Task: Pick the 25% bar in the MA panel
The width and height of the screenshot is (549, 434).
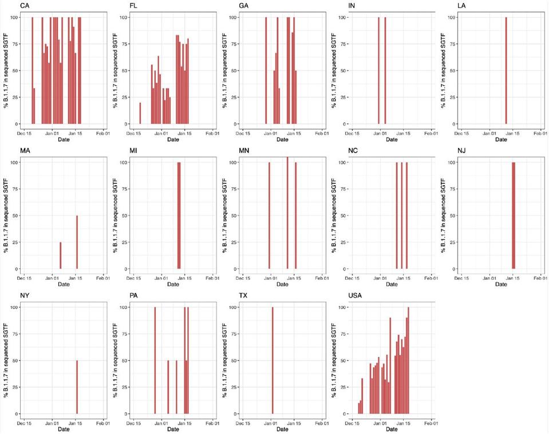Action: coord(60,256)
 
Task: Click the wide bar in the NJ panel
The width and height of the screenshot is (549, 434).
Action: coord(514,216)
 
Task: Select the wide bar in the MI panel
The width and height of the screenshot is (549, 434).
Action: coord(179,216)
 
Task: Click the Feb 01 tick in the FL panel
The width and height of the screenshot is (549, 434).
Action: coord(210,134)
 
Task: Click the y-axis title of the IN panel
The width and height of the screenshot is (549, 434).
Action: coord(334,71)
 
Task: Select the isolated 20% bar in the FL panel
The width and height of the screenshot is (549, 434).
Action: coord(140,114)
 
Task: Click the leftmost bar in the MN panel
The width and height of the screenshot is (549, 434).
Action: coord(269,216)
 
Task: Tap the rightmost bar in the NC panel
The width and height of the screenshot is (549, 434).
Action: coord(406,216)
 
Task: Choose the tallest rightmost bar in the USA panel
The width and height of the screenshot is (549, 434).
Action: coord(409,360)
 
